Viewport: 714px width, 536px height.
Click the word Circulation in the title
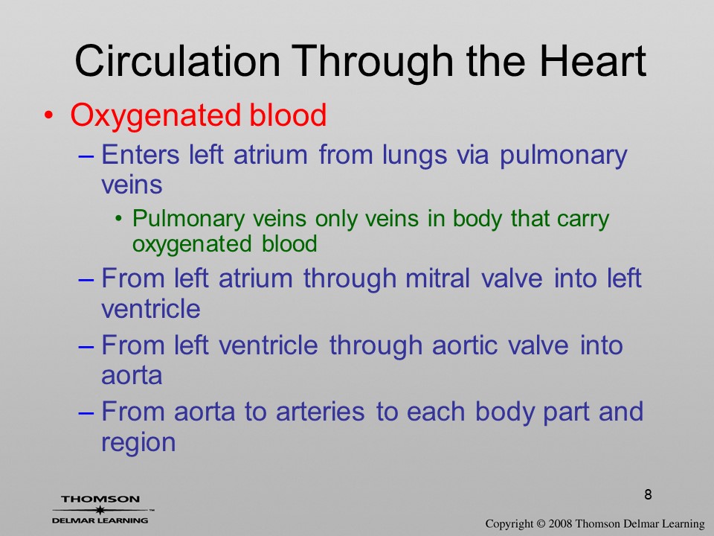177,61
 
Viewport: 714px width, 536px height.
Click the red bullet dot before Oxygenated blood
48,115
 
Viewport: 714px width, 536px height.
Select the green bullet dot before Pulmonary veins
119,219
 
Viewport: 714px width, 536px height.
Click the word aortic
464,345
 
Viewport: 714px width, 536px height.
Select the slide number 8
648,494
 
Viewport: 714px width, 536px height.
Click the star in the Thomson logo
100,509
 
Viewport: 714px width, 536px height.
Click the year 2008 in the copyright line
559,524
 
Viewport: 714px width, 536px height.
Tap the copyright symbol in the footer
541,524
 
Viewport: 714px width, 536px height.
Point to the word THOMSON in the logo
100,499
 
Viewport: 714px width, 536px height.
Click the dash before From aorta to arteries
86,412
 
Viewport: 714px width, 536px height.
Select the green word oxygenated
192,244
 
